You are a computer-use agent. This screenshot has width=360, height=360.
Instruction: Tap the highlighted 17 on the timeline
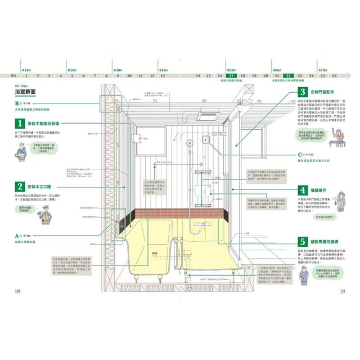coord(232,75)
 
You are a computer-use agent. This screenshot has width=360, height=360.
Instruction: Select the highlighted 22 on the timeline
coord(288,75)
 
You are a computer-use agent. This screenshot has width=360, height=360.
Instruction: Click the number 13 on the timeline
coord(163,75)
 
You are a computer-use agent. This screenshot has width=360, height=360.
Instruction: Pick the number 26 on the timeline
coord(334,75)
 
